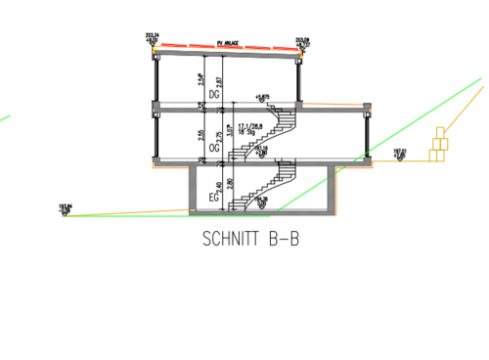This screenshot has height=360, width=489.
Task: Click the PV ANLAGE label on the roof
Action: coord(227,43)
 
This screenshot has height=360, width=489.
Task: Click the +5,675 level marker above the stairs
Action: coord(261,97)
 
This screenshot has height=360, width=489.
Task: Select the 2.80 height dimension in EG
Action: coord(230,184)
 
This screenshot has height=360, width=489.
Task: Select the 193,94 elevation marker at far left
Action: coord(66,207)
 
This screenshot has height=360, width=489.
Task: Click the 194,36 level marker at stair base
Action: coord(261,202)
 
